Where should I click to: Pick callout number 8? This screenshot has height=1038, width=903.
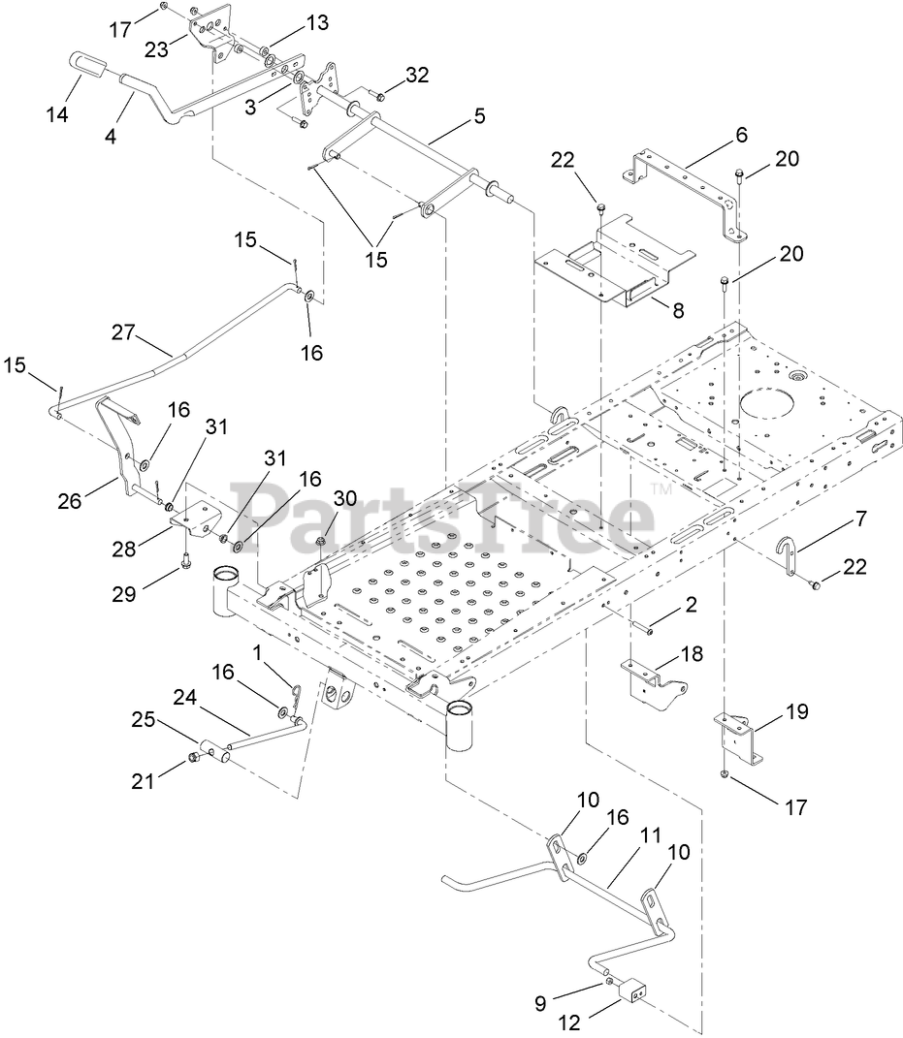pyautogui.click(x=677, y=311)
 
